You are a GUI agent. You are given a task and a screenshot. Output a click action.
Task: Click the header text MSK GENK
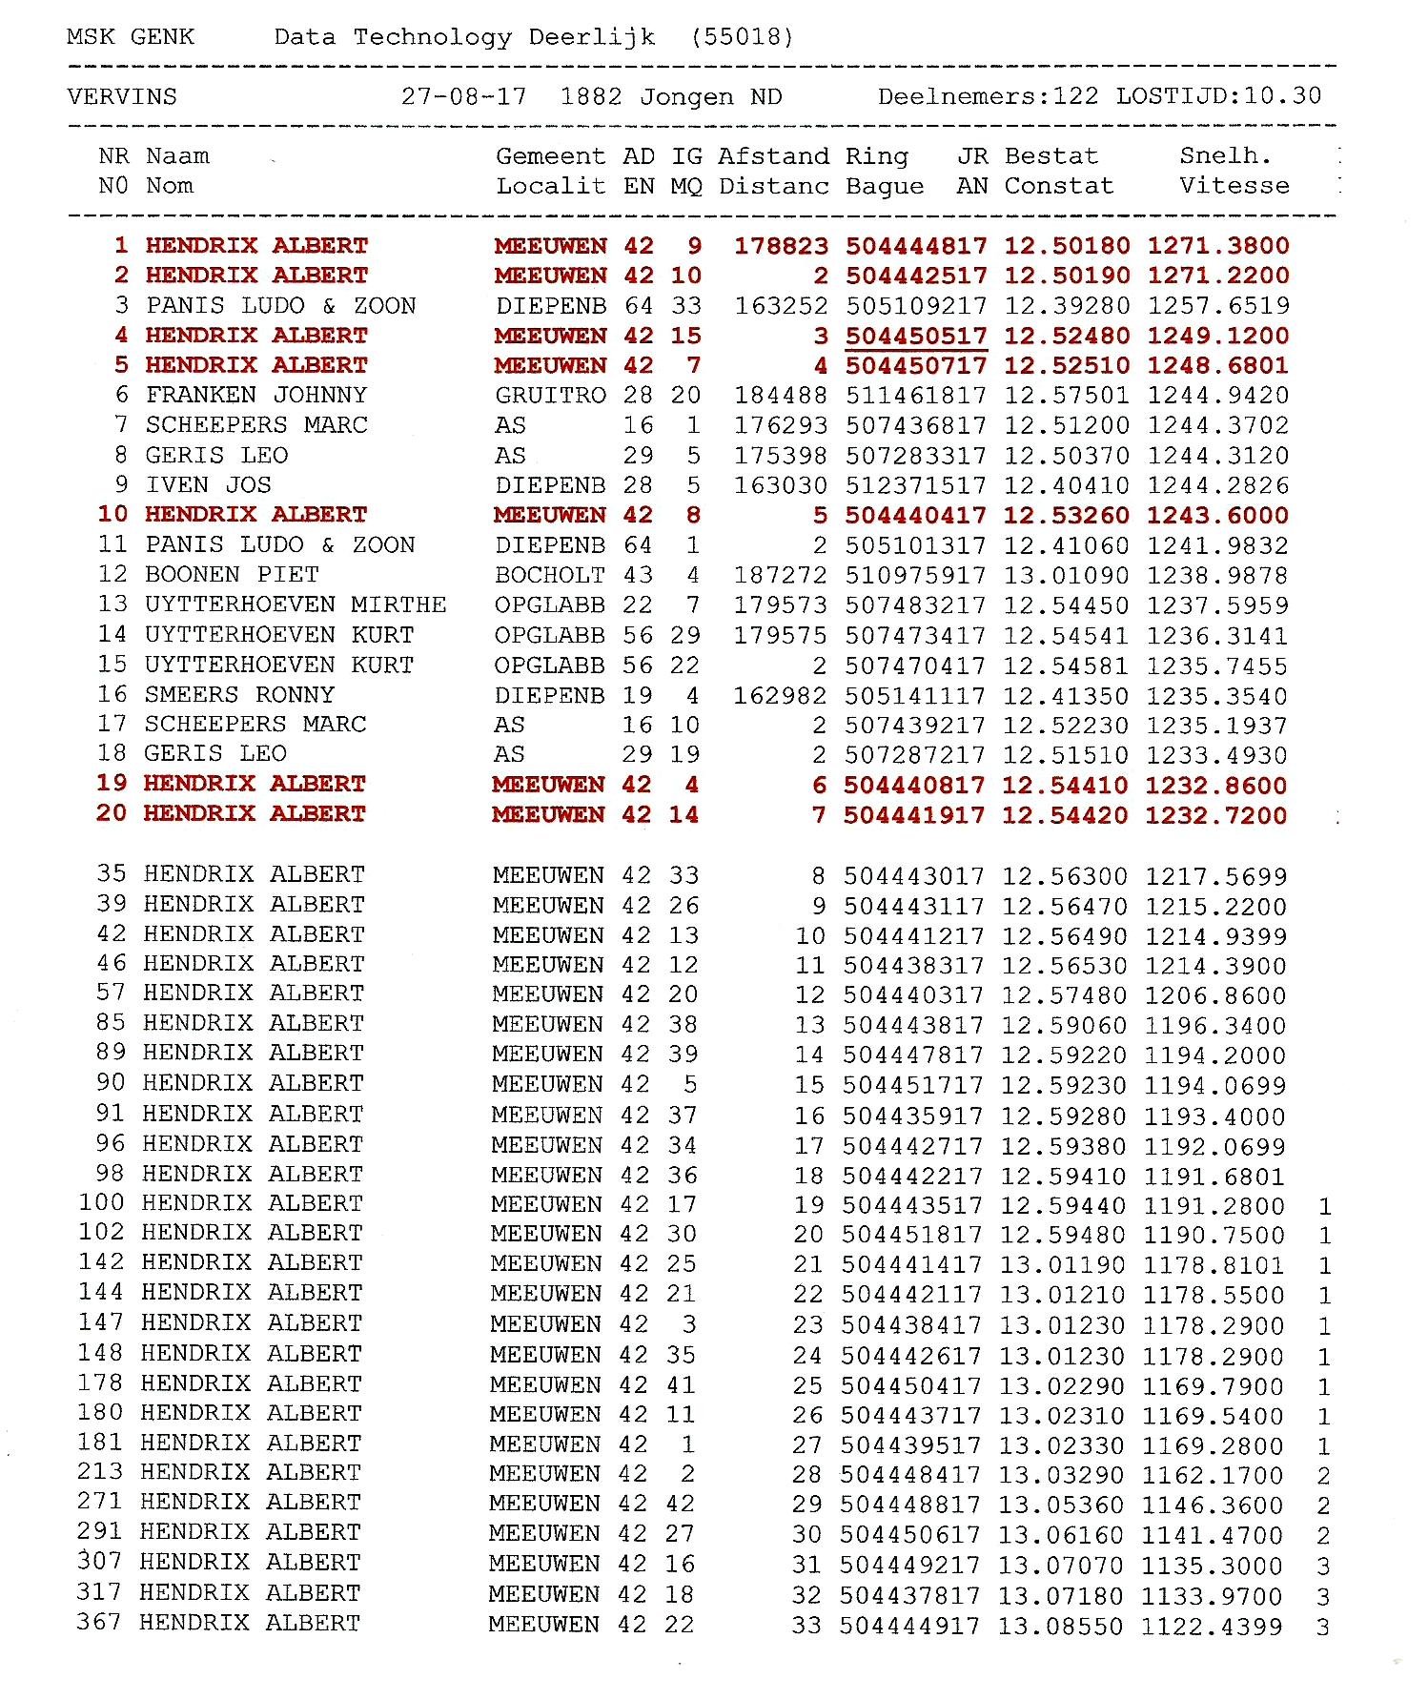click(x=131, y=37)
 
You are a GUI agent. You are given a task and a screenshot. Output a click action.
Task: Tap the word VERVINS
click(x=122, y=97)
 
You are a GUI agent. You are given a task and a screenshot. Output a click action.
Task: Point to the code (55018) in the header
click(x=743, y=37)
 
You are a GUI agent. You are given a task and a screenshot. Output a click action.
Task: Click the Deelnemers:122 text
click(x=988, y=96)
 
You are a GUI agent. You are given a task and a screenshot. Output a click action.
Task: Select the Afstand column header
click(x=773, y=156)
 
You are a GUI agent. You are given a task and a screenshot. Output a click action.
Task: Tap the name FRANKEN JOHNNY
click(x=256, y=395)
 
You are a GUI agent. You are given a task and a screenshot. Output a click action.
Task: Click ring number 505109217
click(x=916, y=306)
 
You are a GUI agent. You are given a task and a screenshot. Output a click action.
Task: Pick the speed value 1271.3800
click(x=1218, y=246)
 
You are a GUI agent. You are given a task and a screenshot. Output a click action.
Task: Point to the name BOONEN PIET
click(x=232, y=574)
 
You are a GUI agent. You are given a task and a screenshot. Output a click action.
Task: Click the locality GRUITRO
click(x=550, y=395)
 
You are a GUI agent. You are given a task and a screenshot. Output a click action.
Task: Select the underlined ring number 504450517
click(x=916, y=336)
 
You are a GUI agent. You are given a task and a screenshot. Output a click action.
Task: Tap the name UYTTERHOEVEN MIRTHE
click(x=296, y=604)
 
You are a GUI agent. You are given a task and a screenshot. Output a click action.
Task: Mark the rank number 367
click(x=99, y=1622)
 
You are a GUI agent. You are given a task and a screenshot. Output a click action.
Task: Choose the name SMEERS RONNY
click(x=239, y=694)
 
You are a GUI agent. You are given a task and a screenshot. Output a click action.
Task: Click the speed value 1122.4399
click(x=1213, y=1627)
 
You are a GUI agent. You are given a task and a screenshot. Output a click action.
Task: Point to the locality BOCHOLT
click(x=550, y=575)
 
